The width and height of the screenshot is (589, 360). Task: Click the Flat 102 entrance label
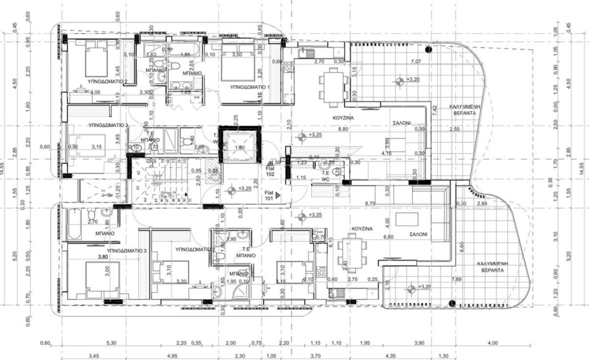pos(270,172)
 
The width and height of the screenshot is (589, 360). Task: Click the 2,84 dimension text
pos(482,203)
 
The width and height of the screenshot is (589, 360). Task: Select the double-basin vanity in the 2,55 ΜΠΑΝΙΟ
pos(180,85)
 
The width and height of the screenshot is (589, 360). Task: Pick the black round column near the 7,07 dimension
pos(428,49)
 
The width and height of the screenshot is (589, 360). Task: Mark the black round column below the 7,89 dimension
pos(452,303)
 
